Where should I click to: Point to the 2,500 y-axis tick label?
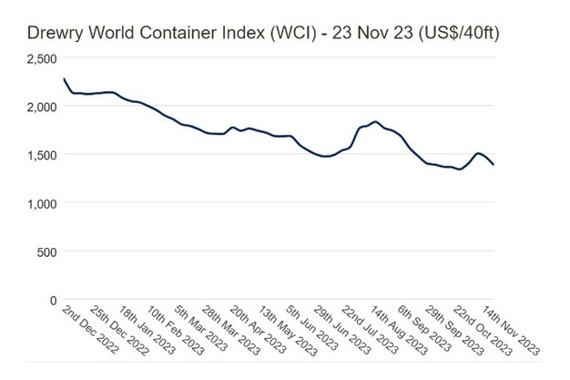pos(38,58)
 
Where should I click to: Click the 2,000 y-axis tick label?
pos(38,107)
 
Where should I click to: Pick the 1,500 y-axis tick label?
pos(38,155)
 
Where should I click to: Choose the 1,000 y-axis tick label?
pos(38,203)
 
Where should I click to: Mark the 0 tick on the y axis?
pos(53,299)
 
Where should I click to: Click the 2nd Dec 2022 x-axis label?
pos(88,331)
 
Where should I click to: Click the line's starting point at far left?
pos(64,79)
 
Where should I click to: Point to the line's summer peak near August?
pos(375,121)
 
